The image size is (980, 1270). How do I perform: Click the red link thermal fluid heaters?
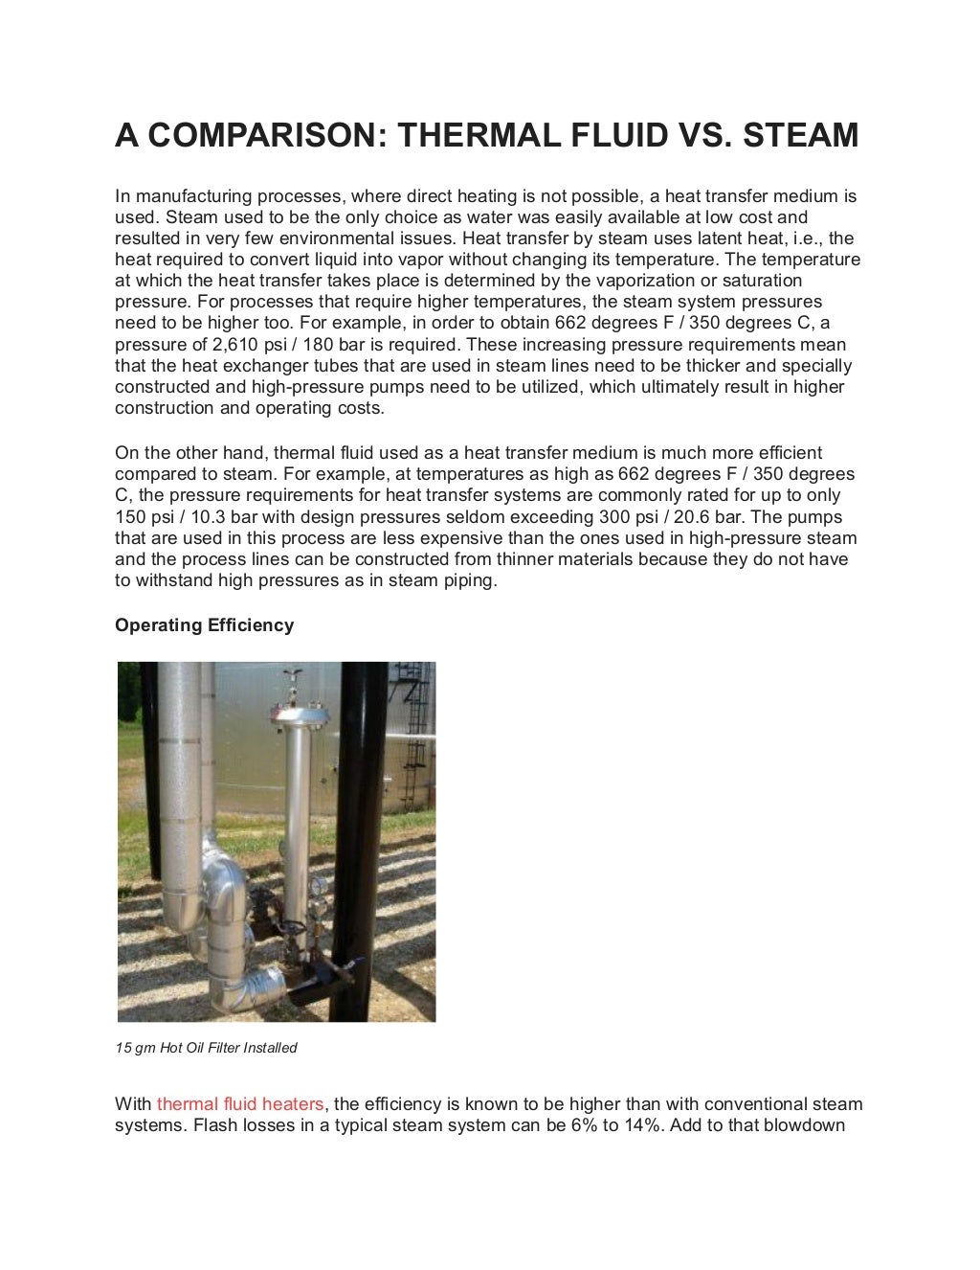239,1104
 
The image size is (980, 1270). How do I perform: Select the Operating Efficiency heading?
204,625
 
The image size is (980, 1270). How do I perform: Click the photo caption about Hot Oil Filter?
206,1048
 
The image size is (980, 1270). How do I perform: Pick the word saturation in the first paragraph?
759,281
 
